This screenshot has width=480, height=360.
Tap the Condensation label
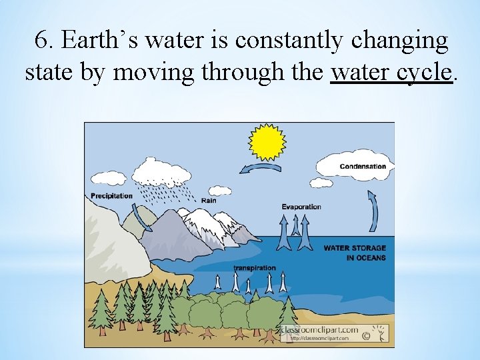coord(363,167)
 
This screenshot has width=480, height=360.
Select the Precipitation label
coord(111,195)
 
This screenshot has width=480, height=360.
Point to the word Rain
coord(209,200)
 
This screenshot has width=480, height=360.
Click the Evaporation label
coord(301,207)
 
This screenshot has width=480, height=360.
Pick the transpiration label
coord(255,268)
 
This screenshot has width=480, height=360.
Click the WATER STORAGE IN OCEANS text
coord(355,253)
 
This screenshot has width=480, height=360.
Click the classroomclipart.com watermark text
coord(319,330)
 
